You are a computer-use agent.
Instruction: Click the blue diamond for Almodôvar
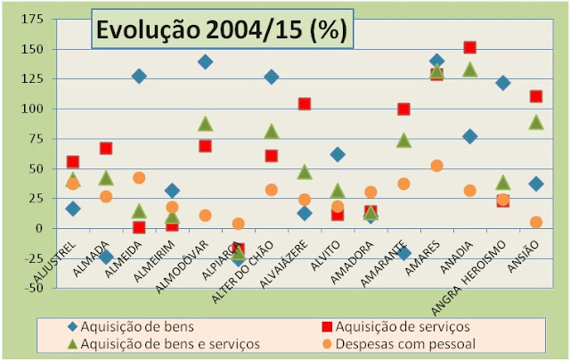205,61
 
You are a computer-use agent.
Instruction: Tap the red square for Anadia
469,47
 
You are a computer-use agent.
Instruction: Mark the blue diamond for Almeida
139,76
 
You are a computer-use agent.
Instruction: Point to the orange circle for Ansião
535,222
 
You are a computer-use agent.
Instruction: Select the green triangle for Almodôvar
205,124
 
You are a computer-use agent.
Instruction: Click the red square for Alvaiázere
305,103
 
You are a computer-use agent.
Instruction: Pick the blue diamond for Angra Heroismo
502,83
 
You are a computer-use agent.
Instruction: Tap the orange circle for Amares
436,166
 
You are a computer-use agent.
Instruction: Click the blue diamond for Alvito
338,154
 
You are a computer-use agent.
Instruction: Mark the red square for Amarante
403,109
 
